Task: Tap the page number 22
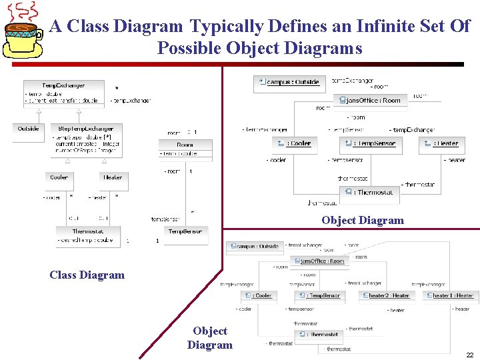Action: click(x=469, y=355)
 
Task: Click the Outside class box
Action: click(x=28, y=131)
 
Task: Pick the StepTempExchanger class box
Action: click(x=86, y=140)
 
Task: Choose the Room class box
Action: click(x=185, y=149)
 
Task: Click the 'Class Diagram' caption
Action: click(x=87, y=275)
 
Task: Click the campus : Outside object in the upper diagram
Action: click(x=289, y=82)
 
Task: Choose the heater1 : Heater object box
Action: click(x=450, y=295)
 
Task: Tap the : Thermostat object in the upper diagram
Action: click(x=369, y=192)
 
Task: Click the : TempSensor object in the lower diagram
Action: click(x=319, y=295)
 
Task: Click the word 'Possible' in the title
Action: click(x=190, y=49)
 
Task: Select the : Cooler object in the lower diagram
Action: click(x=257, y=295)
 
